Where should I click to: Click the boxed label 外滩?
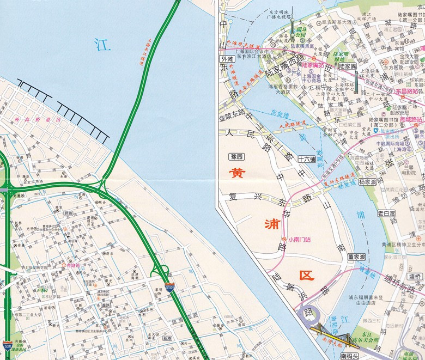pos(226,58)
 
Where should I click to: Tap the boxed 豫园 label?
pos(236,157)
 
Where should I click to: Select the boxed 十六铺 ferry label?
pos(307,160)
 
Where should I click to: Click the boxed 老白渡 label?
pos(386,213)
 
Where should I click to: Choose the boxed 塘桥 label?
pos(416,277)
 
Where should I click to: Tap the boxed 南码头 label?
pos(351,356)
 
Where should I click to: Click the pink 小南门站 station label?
pos(299,239)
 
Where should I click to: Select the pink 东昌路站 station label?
pos(410,91)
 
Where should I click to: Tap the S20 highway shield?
pos(7,344)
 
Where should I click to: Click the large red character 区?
pos(307,276)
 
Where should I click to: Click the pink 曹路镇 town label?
pos(70,266)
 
